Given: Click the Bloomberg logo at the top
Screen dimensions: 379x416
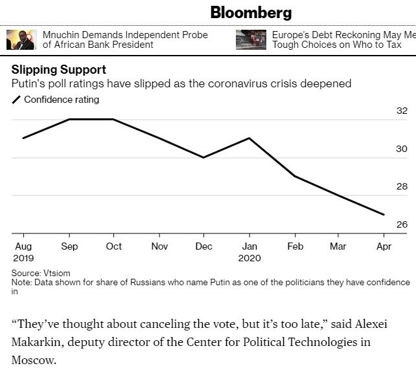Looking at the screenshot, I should [x=251, y=12].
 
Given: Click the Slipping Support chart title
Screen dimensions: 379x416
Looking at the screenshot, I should [x=59, y=70].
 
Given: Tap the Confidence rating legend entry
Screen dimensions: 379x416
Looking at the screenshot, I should [x=61, y=100].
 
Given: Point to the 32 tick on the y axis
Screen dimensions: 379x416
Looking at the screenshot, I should [x=402, y=111].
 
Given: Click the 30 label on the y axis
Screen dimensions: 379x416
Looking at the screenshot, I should [x=402, y=149].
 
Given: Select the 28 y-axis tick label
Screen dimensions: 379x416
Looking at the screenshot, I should [x=402, y=187].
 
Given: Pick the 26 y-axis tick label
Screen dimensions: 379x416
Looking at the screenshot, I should [x=402, y=225].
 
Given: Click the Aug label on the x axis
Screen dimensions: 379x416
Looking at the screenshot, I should [x=22, y=246].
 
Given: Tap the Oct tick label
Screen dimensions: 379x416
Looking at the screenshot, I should [x=114, y=246].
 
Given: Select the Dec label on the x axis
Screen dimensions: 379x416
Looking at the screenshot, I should [x=204, y=246].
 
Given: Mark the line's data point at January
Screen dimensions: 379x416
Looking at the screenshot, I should [x=250, y=138].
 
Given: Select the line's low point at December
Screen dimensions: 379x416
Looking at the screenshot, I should [x=204, y=157].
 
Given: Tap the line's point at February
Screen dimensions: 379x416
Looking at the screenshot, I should [x=295, y=176].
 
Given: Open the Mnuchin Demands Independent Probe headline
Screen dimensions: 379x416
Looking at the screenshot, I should [x=125, y=39].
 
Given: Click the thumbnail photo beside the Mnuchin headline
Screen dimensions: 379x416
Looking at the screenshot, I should [x=20, y=39].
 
